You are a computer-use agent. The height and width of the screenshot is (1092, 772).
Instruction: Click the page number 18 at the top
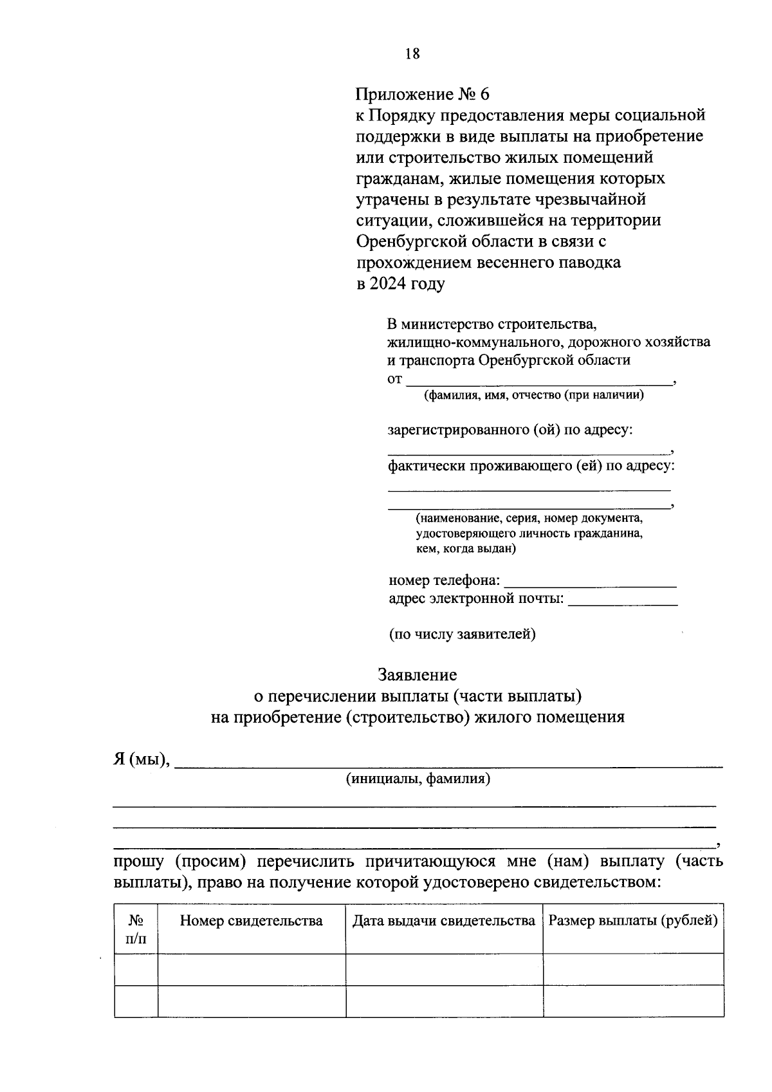(412, 54)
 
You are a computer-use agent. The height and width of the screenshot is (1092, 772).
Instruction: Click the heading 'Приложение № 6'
(423, 95)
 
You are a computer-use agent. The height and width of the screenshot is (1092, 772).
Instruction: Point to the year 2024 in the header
(389, 284)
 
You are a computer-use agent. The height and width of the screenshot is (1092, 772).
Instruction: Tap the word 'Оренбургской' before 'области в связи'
(411, 241)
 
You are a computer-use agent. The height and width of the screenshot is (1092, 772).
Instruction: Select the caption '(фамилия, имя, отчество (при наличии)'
(533, 395)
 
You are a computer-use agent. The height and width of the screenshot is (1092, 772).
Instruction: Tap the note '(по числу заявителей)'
(462, 634)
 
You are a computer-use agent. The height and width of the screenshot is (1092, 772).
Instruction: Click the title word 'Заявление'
(417, 675)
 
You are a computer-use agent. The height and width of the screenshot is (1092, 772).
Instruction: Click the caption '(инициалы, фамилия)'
(418, 779)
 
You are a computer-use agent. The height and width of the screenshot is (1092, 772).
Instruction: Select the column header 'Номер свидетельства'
(251, 921)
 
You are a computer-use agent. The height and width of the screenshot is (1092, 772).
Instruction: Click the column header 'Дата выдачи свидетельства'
(444, 921)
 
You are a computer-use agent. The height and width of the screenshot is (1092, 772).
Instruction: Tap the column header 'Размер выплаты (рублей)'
(633, 921)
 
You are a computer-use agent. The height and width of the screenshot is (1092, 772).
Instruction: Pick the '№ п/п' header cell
(136, 929)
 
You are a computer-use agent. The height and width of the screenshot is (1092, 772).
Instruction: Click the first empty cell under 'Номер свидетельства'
(251, 969)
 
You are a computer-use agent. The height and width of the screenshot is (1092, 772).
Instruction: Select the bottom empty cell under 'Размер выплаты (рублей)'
(633, 1001)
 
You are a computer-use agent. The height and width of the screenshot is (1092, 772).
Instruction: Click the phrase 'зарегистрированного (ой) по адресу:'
(510, 430)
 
